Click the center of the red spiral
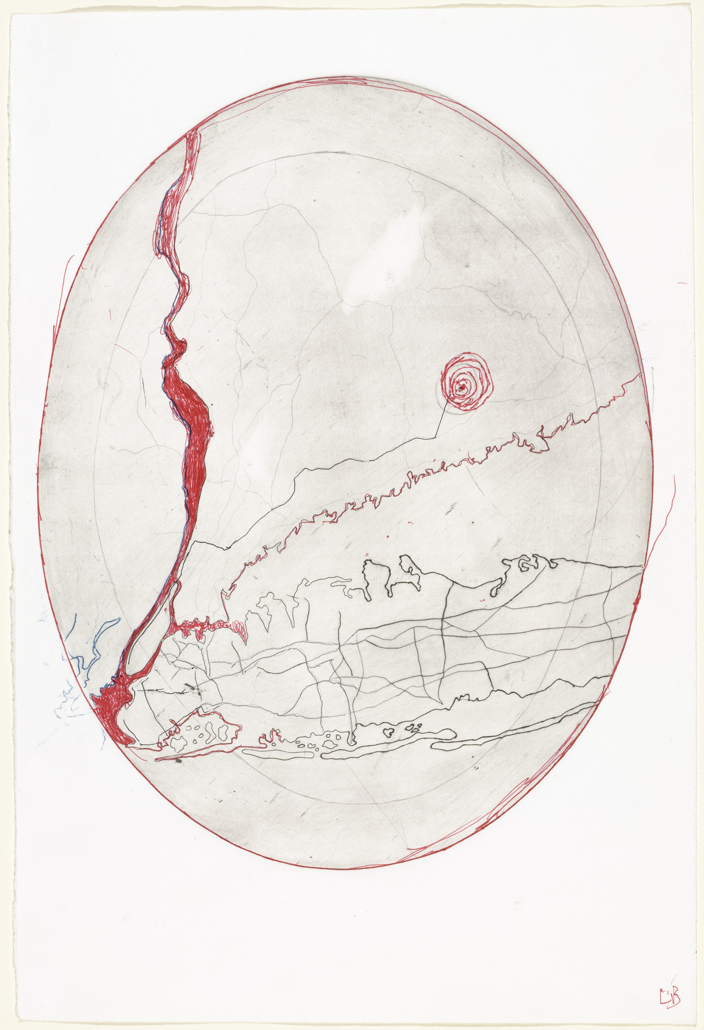tap(464, 386)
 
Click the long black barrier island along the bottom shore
tap(387, 752)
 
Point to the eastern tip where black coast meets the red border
tap(639, 566)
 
